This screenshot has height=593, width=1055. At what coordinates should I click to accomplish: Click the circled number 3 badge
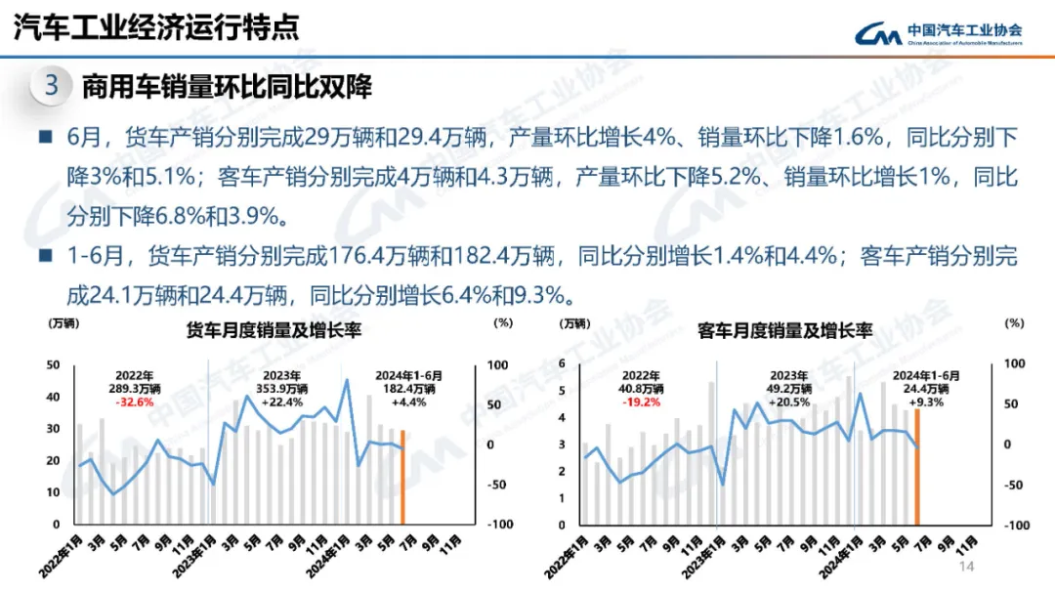point(52,86)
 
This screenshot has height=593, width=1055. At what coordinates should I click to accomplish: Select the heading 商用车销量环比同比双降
point(227,86)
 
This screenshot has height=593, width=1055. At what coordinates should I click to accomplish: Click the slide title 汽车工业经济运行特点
point(155,26)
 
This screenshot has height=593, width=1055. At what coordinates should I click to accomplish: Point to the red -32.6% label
point(135,402)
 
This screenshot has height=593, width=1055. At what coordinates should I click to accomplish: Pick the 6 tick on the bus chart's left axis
point(562,363)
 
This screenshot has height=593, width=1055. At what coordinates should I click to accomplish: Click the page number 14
point(968,568)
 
